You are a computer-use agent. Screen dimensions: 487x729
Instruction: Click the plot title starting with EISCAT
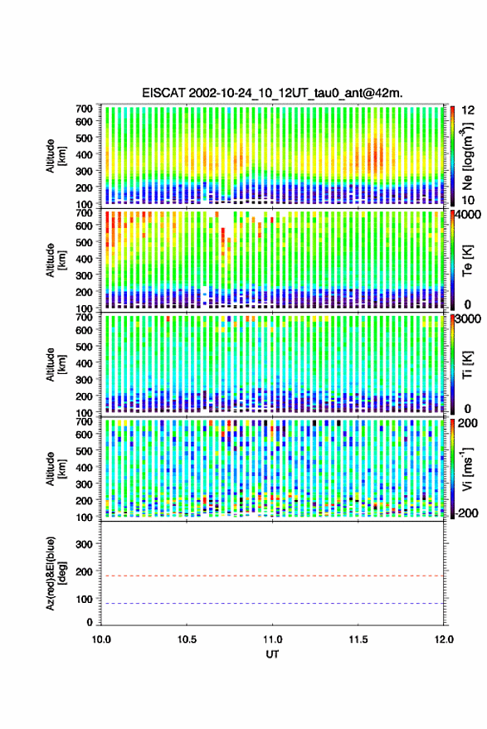coord(272,93)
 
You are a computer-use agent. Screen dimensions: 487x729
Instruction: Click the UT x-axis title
coord(273,654)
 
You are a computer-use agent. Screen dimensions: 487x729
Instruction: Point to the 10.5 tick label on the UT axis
coord(187,639)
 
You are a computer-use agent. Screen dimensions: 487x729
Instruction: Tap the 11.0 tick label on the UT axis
coord(273,639)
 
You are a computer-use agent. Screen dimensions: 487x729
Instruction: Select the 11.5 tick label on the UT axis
coord(358,639)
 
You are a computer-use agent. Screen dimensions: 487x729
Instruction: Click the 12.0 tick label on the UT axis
coord(444,639)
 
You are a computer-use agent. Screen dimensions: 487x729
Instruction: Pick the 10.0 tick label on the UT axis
coord(101,639)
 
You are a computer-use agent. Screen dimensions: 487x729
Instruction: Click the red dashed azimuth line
coord(273,576)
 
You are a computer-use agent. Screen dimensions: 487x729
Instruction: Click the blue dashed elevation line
coord(273,604)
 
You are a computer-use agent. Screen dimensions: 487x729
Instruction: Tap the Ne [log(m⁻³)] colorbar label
coord(467,156)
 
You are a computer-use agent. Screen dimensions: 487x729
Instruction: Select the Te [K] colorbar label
coord(467,260)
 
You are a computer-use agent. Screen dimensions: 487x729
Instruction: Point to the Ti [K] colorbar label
coord(467,365)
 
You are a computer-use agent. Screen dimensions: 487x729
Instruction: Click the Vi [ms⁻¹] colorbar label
coord(467,469)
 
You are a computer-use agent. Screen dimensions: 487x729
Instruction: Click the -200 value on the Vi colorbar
coord(466,513)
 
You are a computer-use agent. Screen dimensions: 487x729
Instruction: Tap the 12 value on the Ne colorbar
coord(468,110)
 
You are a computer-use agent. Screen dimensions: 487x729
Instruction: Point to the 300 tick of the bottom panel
coord(84,544)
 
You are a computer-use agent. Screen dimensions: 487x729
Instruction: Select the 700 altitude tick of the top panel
coord(84,109)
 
